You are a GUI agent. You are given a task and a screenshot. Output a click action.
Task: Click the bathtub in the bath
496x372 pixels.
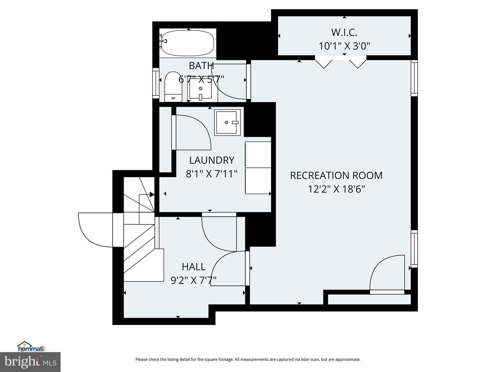(188, 43)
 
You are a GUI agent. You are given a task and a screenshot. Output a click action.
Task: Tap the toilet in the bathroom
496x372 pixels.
(173, 87)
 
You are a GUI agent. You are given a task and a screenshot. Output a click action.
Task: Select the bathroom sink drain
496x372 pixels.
(200, 88)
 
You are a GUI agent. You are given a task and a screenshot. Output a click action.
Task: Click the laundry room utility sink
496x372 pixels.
(227, 122)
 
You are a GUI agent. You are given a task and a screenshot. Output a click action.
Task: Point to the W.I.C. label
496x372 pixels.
(344, 32)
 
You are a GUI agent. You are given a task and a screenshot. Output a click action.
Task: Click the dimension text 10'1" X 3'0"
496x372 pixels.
(344, 46)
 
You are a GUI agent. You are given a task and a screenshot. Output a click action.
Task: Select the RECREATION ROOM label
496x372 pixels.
(336, 176)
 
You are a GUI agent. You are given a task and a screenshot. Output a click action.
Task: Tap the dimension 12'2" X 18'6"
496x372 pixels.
(336, 189)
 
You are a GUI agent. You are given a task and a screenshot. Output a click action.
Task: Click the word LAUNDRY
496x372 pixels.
(212, 161)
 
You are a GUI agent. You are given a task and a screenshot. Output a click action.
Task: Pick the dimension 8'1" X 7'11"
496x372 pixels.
(212, 174)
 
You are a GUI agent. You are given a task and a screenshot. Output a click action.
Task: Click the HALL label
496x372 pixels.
(194, 267)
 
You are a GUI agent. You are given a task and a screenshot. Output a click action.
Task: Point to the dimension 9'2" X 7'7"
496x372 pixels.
(194, 280)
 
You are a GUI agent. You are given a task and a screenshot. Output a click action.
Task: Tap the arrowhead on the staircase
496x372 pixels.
(152, 195)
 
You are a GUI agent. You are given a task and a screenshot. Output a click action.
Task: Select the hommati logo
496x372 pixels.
(32, 346)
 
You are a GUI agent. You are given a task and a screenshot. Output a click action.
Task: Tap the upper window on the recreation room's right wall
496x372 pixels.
(414, 78)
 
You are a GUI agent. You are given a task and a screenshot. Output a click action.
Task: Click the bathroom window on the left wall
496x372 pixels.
(156, 83)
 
